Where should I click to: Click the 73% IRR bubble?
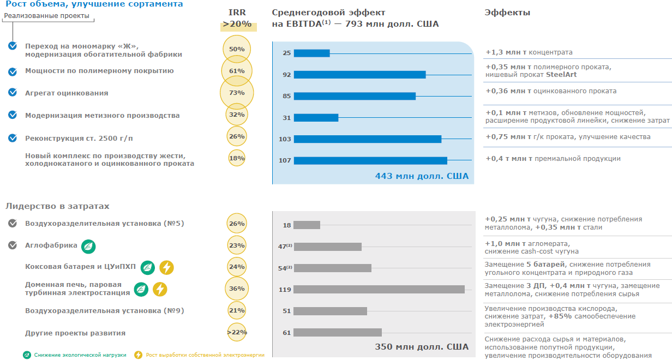237,93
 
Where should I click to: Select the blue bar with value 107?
370,160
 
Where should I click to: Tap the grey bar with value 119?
379,290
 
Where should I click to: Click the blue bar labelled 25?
311,53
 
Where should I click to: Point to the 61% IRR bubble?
237,71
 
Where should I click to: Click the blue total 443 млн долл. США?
422,176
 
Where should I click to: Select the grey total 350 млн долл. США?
422,347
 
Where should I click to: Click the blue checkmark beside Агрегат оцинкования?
13,93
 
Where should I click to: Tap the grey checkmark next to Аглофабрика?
13,245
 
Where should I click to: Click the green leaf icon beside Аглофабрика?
88,247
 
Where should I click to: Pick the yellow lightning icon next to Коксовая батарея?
166,268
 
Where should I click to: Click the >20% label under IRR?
237,25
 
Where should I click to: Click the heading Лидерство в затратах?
58,206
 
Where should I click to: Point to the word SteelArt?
561,75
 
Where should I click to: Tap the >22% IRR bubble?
237,332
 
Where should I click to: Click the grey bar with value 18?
307,225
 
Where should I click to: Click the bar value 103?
285,139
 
